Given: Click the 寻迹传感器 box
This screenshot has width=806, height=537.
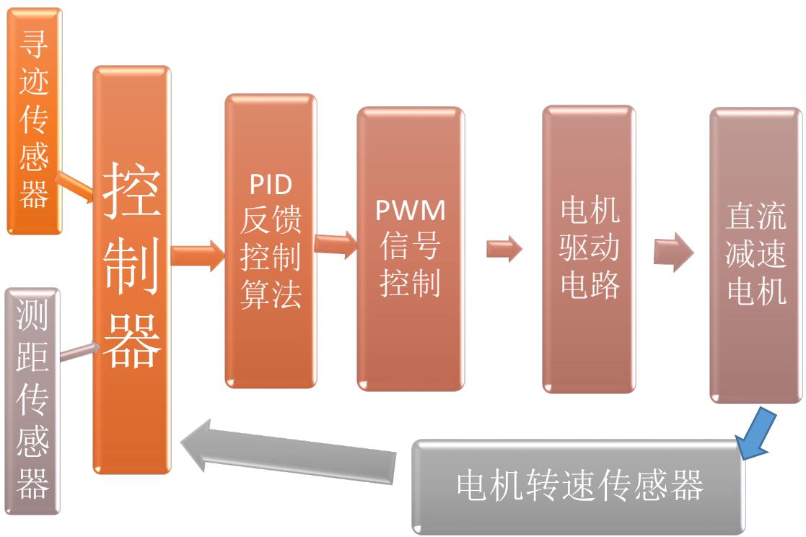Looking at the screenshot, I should pyautogui.click(x=34, y=121).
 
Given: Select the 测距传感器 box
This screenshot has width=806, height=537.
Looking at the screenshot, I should pyautogui.click(x=33, y=401).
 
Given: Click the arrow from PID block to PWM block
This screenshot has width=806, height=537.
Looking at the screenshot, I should pyautogui.click(x=336, y=245).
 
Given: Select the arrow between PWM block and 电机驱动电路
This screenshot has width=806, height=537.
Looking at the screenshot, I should pyautogui.click(x=503, y=250).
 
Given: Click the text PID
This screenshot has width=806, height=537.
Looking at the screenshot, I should pyautogui.click(x=271, y=185).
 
